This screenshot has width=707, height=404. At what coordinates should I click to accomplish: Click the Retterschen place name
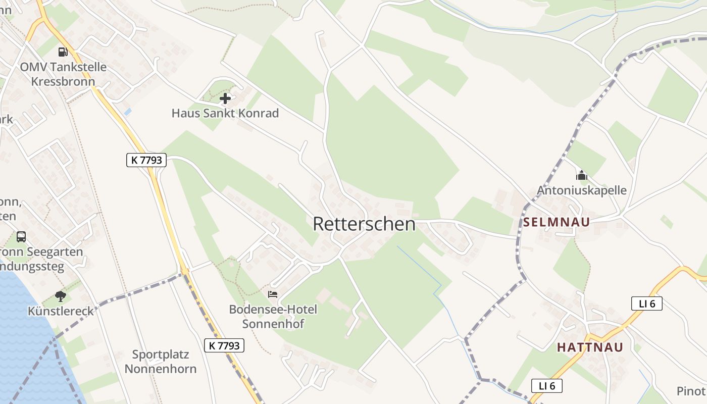pos(364,224)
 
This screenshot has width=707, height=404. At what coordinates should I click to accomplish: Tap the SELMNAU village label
pos(556,222)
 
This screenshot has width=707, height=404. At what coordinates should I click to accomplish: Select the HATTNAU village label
pos(590,347)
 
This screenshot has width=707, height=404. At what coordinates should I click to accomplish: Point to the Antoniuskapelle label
pos(581,190)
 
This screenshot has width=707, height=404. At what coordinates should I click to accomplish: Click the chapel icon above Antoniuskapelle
pos(582,175)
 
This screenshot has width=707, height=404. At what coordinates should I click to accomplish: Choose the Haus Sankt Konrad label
pos(225,113)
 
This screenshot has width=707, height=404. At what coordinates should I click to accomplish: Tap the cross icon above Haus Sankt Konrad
pos(225,98)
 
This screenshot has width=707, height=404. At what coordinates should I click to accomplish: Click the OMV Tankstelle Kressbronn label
pos(63,74)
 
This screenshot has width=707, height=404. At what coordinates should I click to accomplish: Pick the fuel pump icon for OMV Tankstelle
pos(63,52)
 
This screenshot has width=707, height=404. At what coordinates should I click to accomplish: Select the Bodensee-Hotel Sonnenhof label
pos(273,316)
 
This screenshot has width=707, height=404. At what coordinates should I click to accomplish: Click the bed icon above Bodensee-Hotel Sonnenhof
pos(273,294)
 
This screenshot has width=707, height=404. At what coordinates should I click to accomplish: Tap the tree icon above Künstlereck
pos(61,296)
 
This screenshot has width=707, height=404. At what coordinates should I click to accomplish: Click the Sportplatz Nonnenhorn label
pos(160,361)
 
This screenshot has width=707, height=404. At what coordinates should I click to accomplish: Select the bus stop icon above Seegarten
pos(21,236)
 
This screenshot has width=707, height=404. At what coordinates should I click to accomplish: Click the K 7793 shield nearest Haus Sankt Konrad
pos(146,160)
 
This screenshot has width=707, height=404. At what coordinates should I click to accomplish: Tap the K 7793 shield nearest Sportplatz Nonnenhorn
pos(224,345)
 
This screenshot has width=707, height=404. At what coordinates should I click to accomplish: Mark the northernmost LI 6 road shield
pos(646,304)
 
